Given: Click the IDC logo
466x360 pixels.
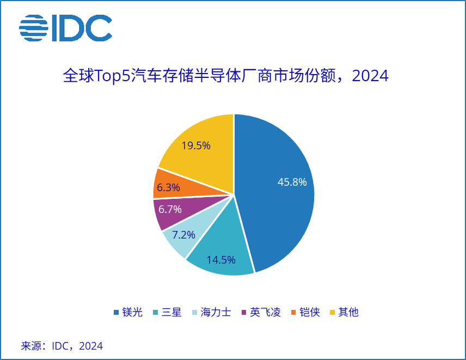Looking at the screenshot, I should coord(65,28).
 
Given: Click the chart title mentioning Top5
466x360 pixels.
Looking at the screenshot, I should coord(225,76).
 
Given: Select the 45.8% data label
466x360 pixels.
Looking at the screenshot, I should coord(292,182).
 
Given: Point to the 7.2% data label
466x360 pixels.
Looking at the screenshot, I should coord(183,235).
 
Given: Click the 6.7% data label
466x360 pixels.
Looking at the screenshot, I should coord(169,209).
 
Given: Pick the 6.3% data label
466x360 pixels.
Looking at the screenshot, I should coord(168,188).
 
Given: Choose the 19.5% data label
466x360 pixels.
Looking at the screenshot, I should coord(196,145).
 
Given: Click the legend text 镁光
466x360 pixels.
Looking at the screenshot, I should coord(132,312).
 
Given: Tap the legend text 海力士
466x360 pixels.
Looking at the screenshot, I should coord(216,312).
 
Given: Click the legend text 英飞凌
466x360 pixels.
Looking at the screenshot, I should coord(265,312).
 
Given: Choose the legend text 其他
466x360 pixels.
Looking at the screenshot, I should coord(348,312).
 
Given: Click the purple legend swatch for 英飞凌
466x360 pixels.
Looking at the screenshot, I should coord(244,313).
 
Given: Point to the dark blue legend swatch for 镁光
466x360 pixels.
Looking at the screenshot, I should coord(116,313).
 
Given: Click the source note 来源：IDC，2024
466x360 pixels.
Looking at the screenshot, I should coord(62,346).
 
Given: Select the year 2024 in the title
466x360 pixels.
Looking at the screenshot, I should coord(370,76).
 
